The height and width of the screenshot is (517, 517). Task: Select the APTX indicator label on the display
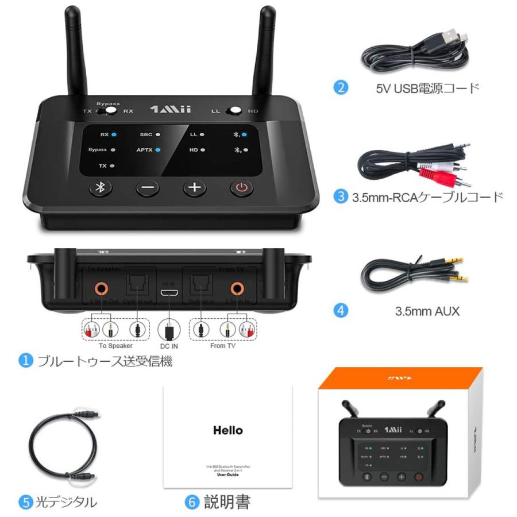[x=145, y=150]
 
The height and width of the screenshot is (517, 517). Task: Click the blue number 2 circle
[x=341, y=88]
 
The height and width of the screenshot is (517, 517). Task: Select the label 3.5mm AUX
[x=427, y=312]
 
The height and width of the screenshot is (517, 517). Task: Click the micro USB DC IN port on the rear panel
[x=167, y=293]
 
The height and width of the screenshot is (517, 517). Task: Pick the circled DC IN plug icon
[x=168, y=330]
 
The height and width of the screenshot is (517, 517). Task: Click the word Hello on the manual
[x=228, y=430]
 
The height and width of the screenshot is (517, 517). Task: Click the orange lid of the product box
[x=400, y=380]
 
